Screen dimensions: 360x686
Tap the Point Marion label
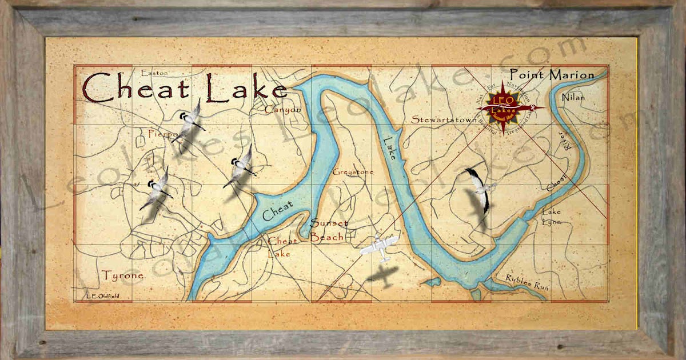point(552,74)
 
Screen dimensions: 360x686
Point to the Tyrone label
point(123,275)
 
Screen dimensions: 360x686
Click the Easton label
point(154,73)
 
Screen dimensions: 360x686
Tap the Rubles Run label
point(527,283)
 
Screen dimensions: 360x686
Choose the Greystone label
point(353,171)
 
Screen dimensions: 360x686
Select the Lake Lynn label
point(552,217)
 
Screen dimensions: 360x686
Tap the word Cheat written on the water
point(278,210)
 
